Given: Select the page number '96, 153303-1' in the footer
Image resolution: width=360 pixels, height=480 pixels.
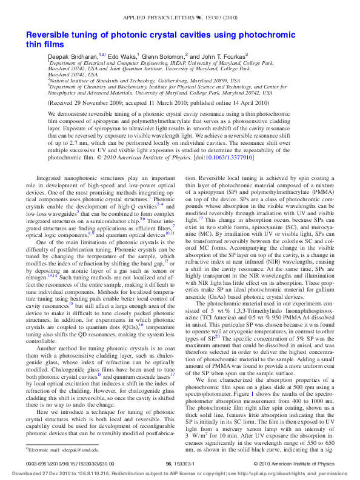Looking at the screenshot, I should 179,464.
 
